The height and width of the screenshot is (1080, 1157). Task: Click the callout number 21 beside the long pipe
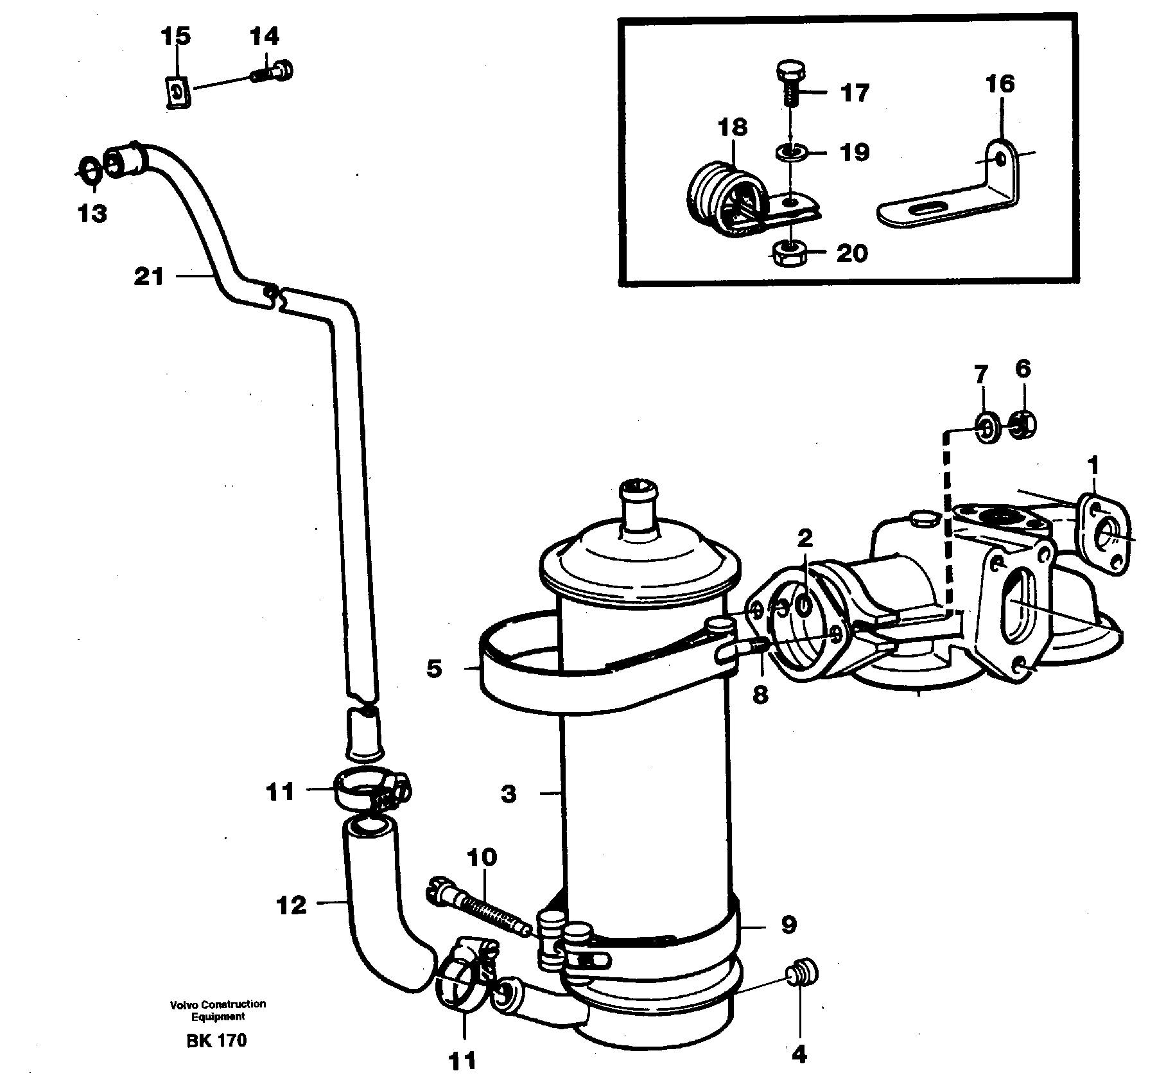tap(148, 277)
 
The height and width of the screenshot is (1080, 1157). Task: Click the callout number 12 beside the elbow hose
tap(291, 906)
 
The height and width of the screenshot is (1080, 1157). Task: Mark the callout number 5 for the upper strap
tap(434, 669)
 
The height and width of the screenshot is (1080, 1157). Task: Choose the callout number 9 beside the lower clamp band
tap(788, 925)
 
